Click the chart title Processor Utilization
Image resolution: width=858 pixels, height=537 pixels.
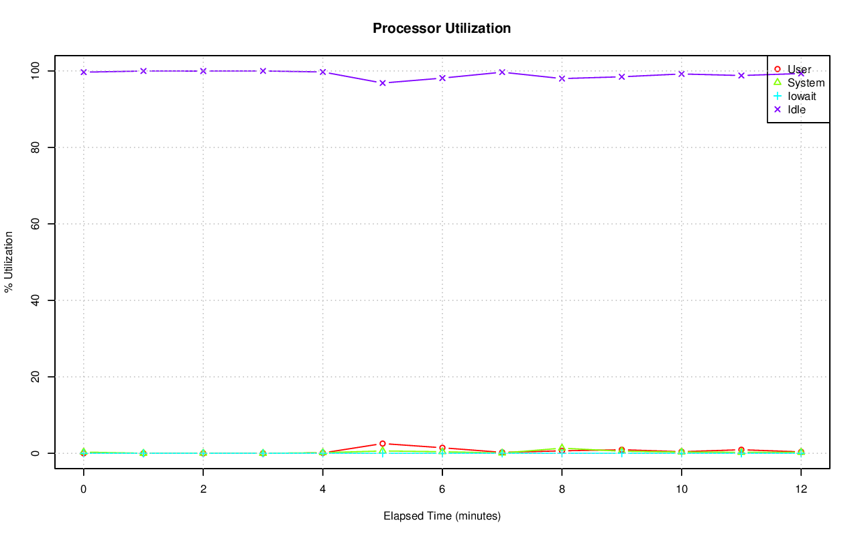coord(442,28)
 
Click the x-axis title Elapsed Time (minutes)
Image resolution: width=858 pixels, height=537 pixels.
coord(442,516)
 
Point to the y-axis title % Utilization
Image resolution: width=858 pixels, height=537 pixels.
coord(9,261)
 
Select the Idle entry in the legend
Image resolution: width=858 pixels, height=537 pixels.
coord(796,109)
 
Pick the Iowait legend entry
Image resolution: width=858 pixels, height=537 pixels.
coord(801,96)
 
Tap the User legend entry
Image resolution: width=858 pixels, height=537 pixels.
coord(799,69)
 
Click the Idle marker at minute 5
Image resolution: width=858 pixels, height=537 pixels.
coord(383,83)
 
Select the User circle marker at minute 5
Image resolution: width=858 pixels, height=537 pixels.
coord(383,444)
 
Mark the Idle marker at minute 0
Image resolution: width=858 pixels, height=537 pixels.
coord(84,72)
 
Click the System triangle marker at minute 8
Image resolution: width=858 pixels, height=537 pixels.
coord(562,448)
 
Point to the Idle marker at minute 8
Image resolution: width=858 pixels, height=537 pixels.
coord(562,78)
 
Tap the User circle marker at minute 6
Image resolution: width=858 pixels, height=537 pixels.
coord(442,448)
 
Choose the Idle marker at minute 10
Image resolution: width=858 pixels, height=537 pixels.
coord(682,74)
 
